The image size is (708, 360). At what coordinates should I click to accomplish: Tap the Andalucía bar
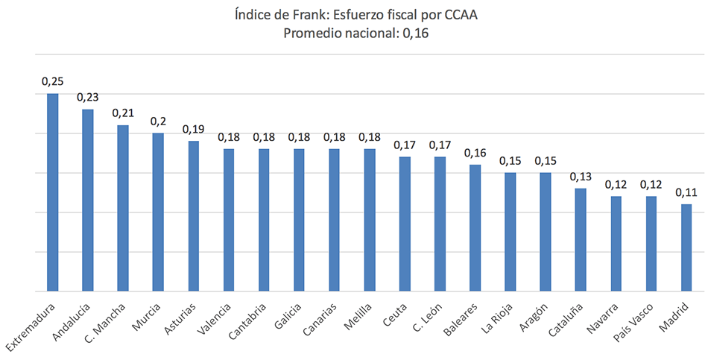(87, 200)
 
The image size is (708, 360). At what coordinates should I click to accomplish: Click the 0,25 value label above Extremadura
(52, 81)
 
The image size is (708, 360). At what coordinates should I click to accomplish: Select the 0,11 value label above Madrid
(686, 192)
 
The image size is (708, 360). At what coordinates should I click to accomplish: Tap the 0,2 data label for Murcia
(158, 121)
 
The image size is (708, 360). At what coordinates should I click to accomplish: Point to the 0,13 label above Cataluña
(581, 177)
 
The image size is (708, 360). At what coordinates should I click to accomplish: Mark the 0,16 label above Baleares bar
(475, 153)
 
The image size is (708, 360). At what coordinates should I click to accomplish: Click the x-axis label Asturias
(180, 318)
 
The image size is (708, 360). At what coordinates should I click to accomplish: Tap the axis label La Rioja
(497, 318)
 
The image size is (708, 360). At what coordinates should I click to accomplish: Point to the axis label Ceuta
(395, 315)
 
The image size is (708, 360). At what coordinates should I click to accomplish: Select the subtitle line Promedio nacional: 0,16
(353, 34)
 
